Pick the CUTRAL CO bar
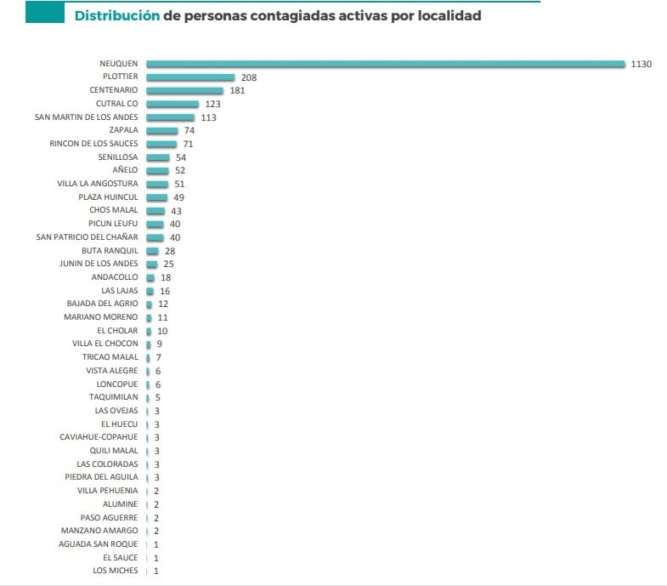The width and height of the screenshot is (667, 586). (172, 104)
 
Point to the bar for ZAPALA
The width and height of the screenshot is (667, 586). (162, 130)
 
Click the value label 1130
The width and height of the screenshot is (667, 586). (641, 64)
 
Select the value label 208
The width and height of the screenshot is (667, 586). (248, 77)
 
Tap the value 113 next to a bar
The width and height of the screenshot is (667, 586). (208, 117)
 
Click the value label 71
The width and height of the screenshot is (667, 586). (188, 144)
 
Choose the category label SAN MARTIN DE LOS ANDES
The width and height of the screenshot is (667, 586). (87, 117)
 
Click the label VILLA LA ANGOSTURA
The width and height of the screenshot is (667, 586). (97, 184)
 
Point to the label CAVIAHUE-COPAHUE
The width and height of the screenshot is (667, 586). (99, 437)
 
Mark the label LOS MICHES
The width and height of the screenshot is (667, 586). (115, 571)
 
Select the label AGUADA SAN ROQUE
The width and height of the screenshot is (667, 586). (98, 543)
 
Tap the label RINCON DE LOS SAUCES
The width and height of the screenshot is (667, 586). (93, 144)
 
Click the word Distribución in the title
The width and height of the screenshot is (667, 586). (116, 15)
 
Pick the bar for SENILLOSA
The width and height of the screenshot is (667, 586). (158, 157)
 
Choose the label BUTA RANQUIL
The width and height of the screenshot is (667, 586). (110, 250)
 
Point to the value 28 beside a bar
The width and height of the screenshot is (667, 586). (170, 251)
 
